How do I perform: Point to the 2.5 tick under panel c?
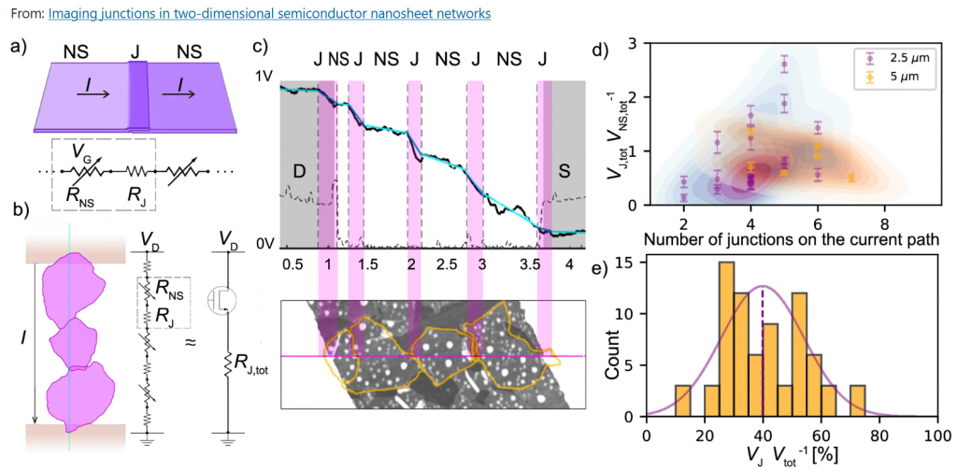(x=446, y=265)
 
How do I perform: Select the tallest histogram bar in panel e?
(x=726, y=339)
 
